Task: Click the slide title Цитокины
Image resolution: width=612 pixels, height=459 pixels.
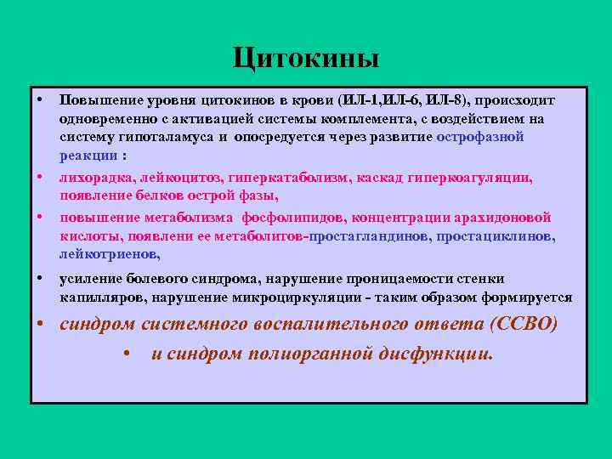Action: pyautogui.click(x=306, y=59)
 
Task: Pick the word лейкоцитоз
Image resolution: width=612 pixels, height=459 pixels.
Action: pyautogui.click(x=188, y=178)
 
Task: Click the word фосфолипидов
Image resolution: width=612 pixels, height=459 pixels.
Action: pyautogui.click(x=288, y=217)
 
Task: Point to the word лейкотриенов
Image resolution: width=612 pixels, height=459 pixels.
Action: pyautogui.click(x=109, y=254)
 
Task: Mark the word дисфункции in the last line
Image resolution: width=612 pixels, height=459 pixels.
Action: pyautogui.click(x=439, y=354)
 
